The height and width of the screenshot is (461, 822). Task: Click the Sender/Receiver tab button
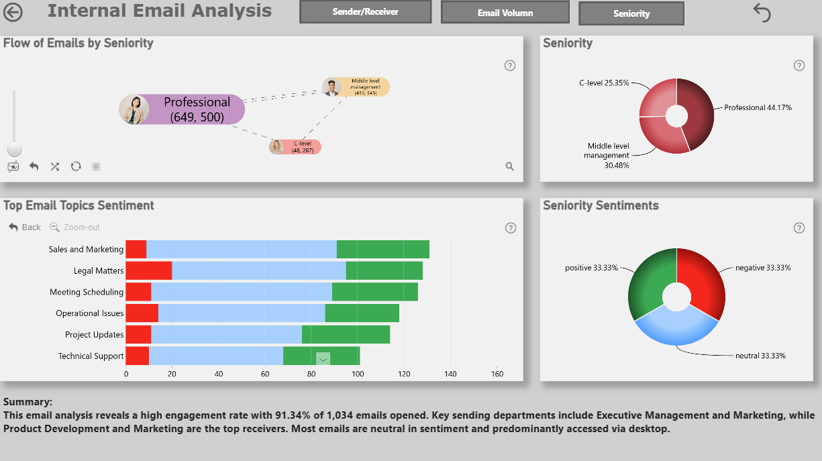tap(365, 12)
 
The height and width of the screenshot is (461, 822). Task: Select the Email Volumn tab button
tap(505, 13)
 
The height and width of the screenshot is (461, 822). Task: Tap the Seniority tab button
tap(631, 13)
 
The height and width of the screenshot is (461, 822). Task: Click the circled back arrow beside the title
tap(13, 12)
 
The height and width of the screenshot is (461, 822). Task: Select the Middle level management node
tap(356, 87)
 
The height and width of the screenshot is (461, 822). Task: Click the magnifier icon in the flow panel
tap(510, 166)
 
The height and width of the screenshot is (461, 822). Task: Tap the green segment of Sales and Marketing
tap(383, 249)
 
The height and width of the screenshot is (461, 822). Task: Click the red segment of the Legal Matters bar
tap(149, 270)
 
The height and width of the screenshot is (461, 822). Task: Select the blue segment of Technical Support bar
tap(216, 356)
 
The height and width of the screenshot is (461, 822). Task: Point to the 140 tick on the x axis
tap(450, 374)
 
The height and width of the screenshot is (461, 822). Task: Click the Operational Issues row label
tap(89, 313)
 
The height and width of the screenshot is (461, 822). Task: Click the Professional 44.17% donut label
tap(758, 107)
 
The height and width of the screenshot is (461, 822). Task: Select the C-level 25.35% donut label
tap(604, 83)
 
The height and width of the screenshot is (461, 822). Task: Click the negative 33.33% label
tap(763, 268)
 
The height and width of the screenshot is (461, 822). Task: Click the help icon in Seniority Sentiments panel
tap(799, 228)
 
